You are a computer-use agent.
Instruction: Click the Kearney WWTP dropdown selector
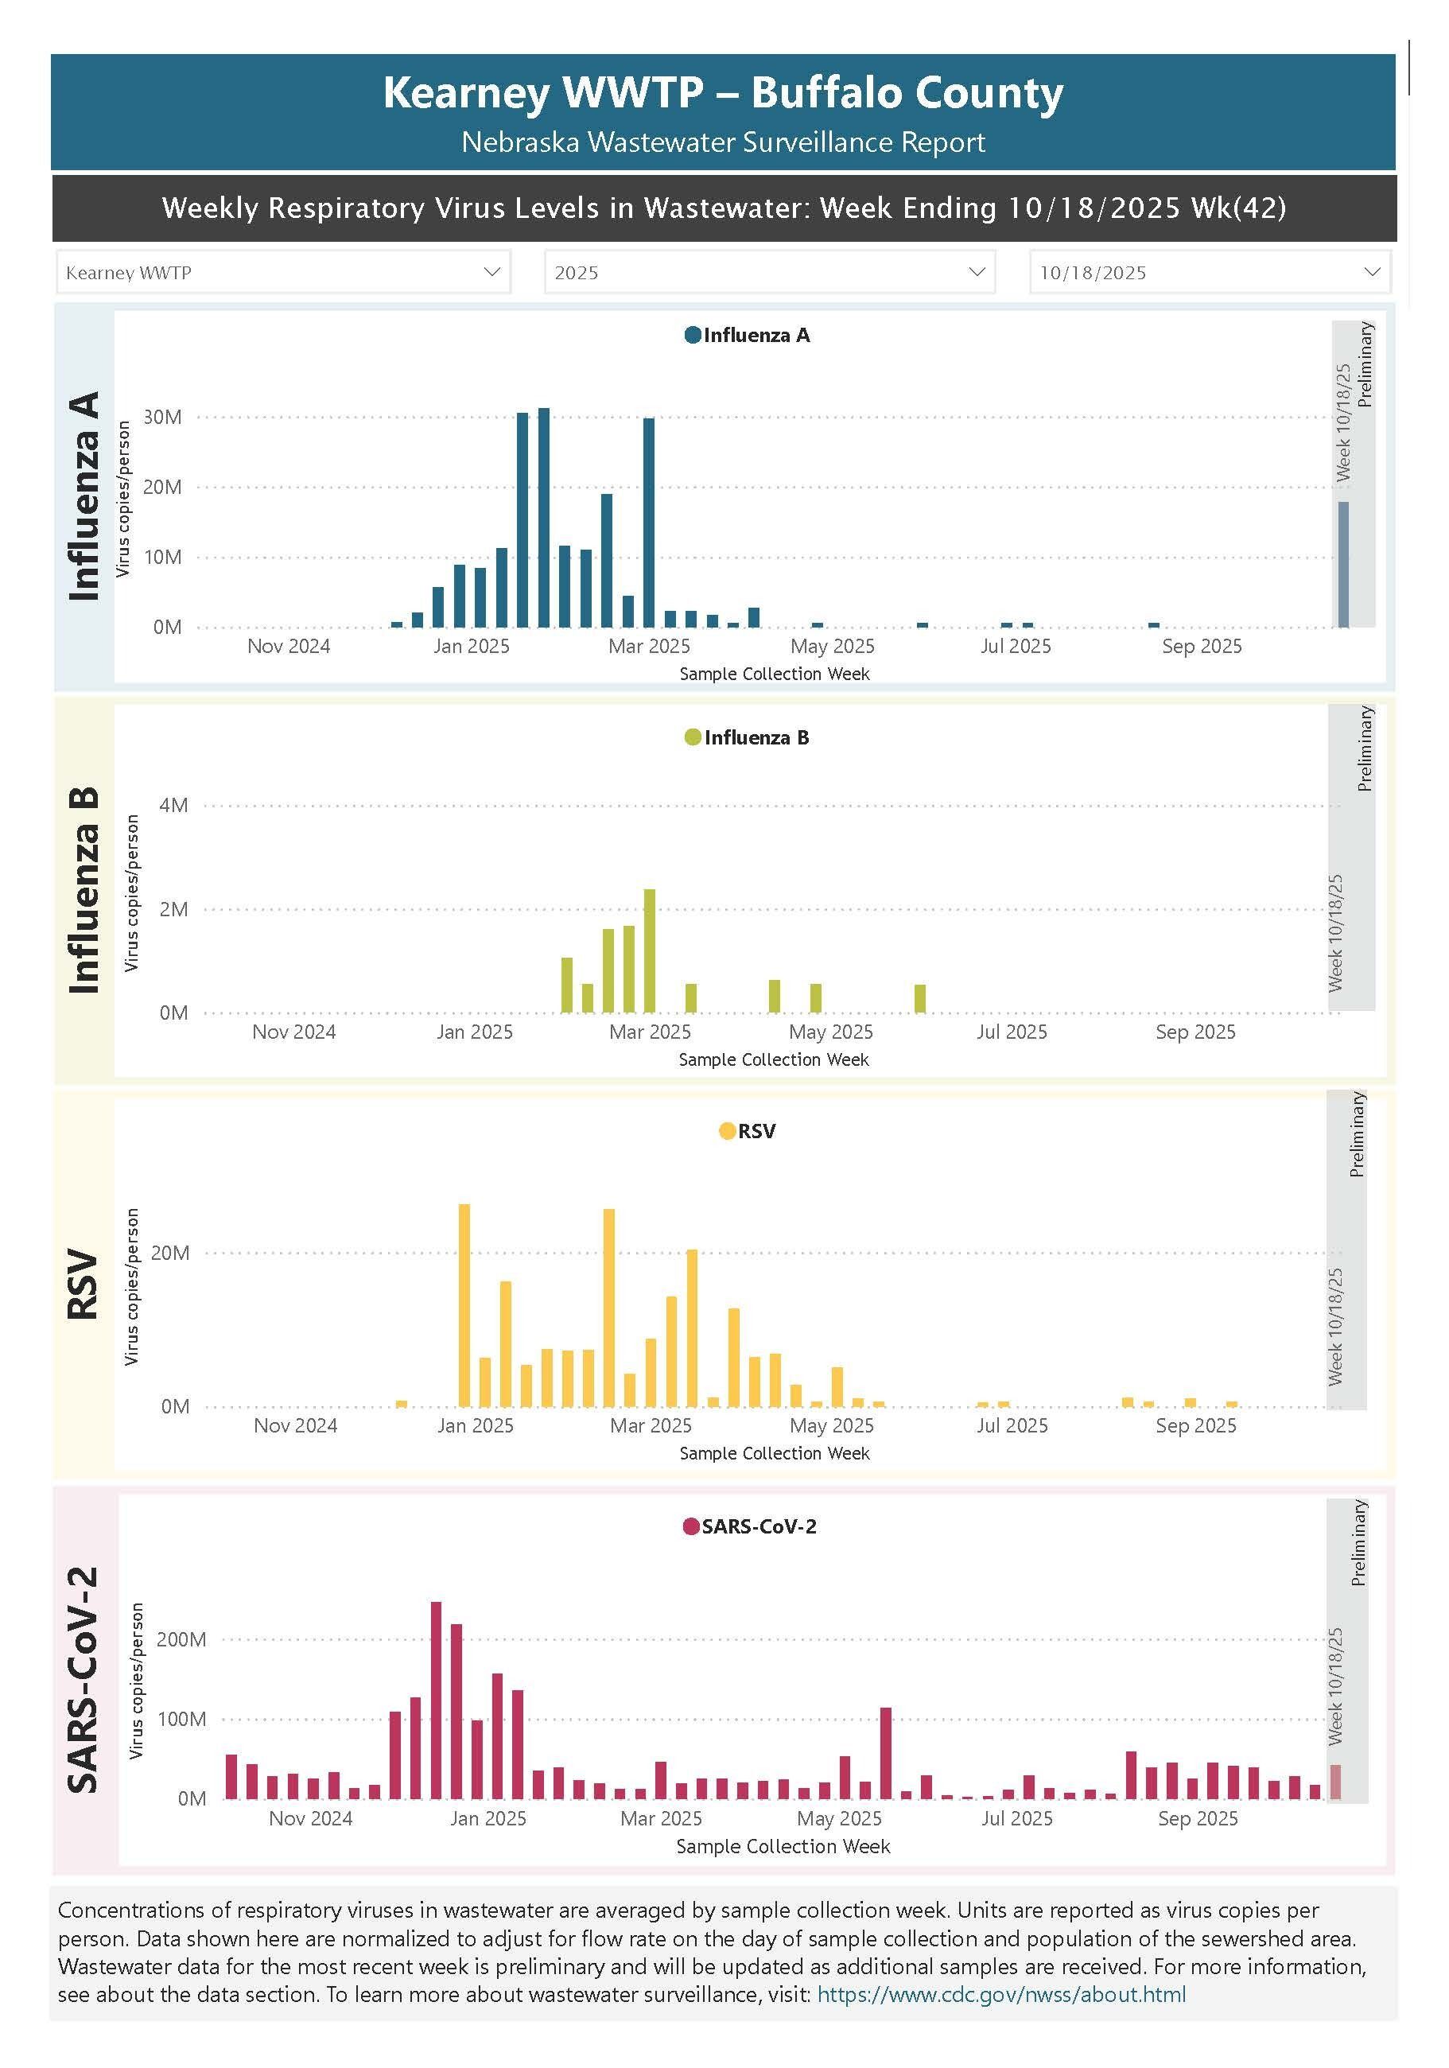(x=283, y=272)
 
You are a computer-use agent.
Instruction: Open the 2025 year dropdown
(x=769, y=272)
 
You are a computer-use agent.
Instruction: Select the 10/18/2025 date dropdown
(x=1210, y=272)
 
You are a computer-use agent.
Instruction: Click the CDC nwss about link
(x=1000, y=1994)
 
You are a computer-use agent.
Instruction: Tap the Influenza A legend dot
(x=693, y=335)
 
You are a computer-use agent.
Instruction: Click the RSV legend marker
(x=727, y=1131)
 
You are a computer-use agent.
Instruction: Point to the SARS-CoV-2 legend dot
(x=691, y=1526)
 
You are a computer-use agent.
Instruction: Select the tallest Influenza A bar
(x=544, y=518)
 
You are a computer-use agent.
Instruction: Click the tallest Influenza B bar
(x=649, y=950)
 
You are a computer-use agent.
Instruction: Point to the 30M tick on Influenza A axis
(x=163, y=417)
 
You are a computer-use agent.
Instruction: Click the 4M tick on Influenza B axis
(x=174, y=805)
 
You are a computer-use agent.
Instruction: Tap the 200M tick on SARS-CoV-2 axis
(x=181, y=1639)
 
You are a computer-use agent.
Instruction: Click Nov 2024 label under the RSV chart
(x=295, y=1426)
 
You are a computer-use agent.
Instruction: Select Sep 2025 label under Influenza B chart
(x=1195, y=1032)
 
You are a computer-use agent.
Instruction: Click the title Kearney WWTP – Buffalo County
(x=723, y=93)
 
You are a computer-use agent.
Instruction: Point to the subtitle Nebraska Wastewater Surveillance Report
(x=723, y=142)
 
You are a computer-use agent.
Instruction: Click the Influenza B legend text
(x=756, y=737)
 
